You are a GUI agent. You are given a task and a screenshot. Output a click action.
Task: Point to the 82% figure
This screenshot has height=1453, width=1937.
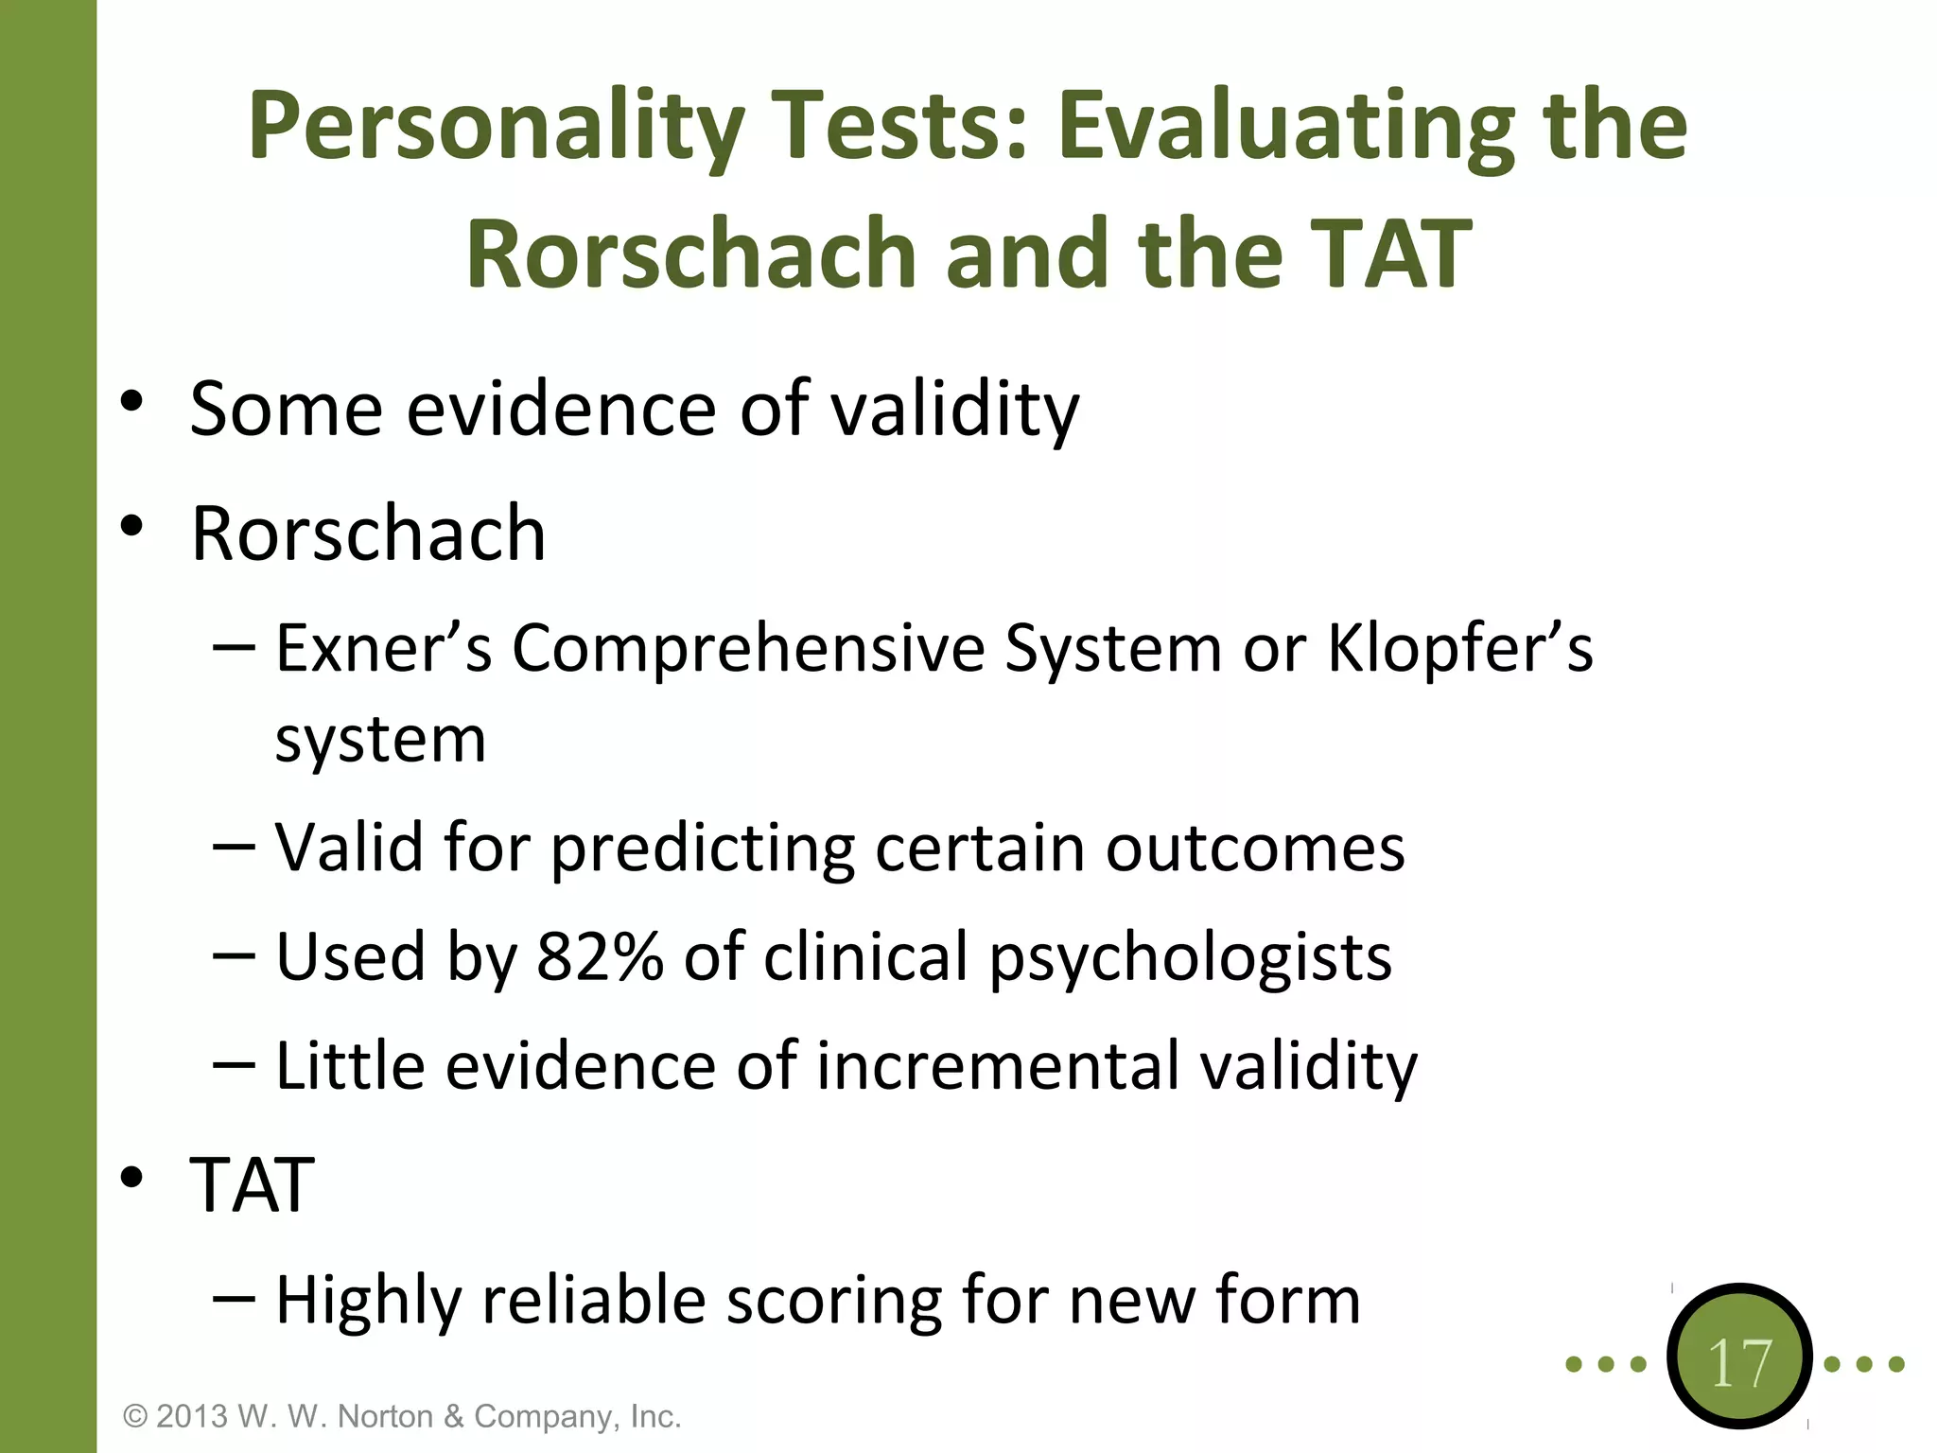(x=600, y=956)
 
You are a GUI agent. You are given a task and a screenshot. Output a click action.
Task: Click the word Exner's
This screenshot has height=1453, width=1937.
(x=384, y=649)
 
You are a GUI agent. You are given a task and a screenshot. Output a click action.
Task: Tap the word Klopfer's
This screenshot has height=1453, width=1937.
(x=1460, y=649)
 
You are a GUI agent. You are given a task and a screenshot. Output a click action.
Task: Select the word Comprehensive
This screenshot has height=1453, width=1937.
(x=749, y=649)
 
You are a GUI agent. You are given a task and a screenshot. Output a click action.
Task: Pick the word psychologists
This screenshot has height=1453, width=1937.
(x=1191, y=958)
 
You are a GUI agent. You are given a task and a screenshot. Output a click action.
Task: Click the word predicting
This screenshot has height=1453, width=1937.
(x=704, y=849)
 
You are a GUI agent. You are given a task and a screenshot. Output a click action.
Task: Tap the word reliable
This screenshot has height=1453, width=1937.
(x=594, y=1301)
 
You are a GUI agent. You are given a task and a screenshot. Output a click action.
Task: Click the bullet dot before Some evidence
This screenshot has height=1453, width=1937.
(x=131, y=403)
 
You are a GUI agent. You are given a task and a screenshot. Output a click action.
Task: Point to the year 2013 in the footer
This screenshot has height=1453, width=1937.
(x=192, y=1416)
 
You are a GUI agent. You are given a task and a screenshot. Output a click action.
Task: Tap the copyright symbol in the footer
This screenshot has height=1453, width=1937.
(x=135, y=1416)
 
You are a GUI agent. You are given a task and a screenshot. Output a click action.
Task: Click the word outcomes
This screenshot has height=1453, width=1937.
(x=1255, y=849)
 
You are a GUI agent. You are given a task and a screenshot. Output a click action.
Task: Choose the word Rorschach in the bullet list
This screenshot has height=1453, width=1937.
(x=368, y=534)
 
